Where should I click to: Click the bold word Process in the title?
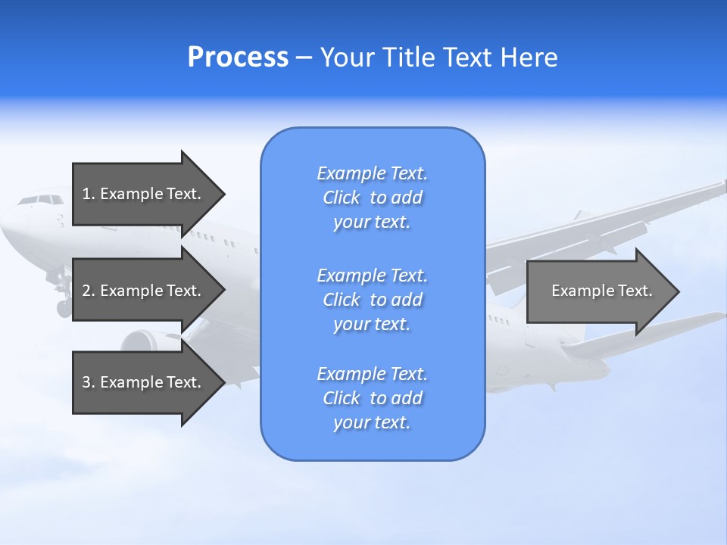[x=238, y=58]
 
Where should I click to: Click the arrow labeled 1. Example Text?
[x=144, y=194]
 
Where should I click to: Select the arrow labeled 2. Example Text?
[x=144, y=291]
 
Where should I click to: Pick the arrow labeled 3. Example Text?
[x=144, y=382]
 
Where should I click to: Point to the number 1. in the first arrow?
[x=88, y=194]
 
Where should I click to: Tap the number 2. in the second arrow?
[x=88, y=291]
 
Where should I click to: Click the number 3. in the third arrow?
[x=88, y=382]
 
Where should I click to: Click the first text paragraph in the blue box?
[x=373, y=198]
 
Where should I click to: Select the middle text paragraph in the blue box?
[x=373, y=300]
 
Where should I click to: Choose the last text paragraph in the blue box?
[x=373, y=398]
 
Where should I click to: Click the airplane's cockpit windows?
[x=41, y=201]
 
